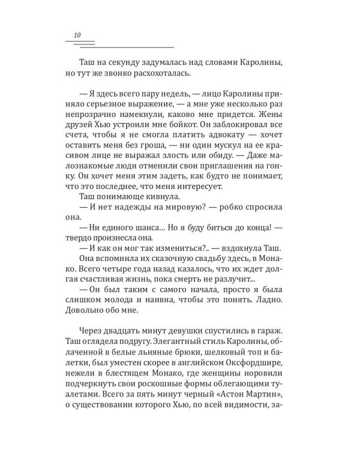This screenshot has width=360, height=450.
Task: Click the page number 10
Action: (77, 35)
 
